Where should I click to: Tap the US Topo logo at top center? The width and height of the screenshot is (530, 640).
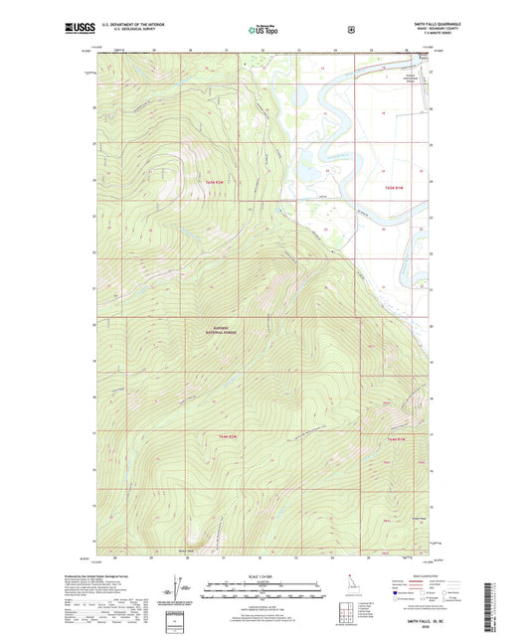264,30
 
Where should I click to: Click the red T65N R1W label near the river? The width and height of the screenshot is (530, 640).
395,187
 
